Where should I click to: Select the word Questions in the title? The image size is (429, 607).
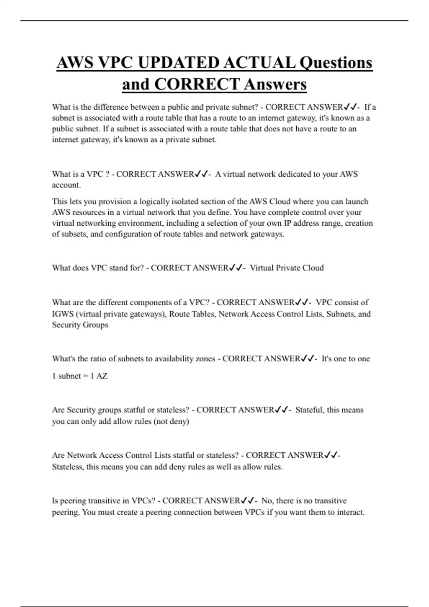pos(336,63)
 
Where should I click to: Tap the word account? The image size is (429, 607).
pos(66,185)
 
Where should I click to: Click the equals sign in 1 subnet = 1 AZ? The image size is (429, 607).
pos(85,376)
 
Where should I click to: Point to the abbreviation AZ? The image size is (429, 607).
pos(102,376)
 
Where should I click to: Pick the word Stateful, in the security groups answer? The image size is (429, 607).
pos(310,410)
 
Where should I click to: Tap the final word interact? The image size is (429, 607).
pos(351,512)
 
